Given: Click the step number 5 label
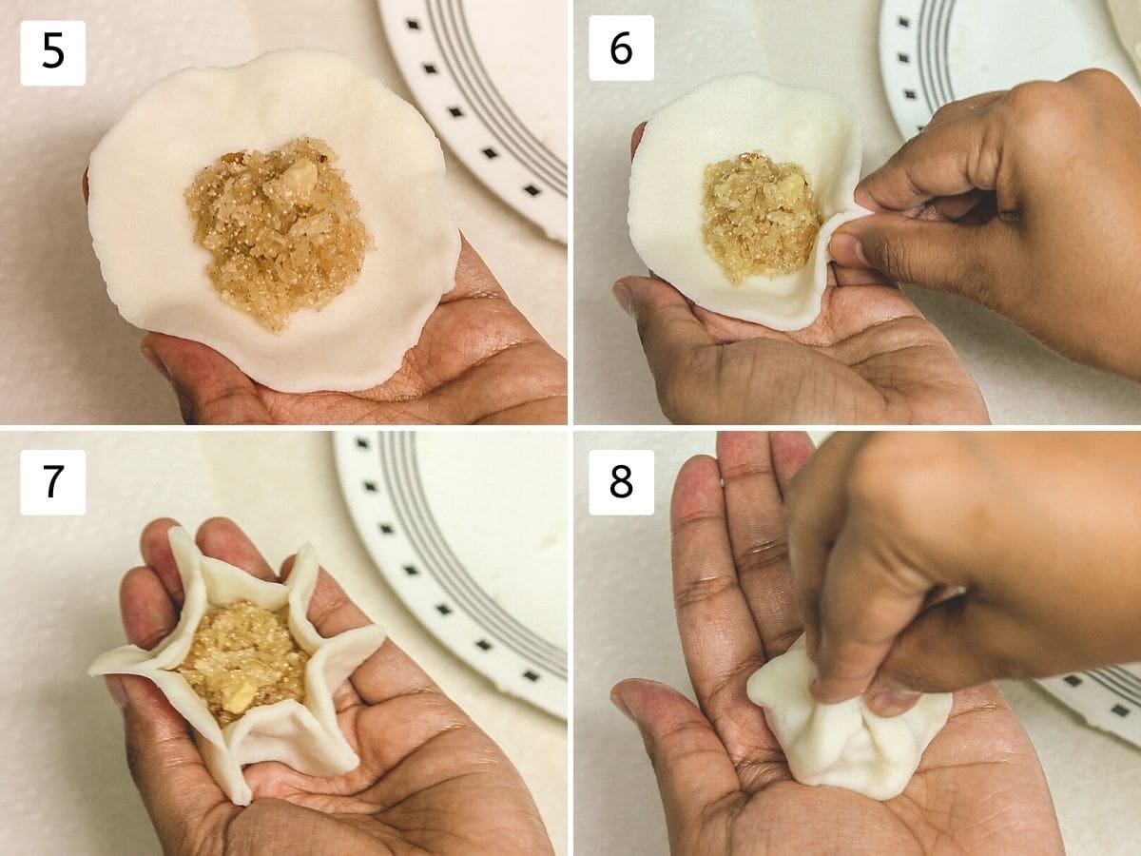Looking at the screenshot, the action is tap(53, 53).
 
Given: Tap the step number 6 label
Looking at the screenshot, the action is tap(621, 48).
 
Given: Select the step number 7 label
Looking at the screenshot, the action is tap(53, 482).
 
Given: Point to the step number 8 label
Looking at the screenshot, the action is tap(621, 482).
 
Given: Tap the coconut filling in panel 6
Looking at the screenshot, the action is tap(756, 216).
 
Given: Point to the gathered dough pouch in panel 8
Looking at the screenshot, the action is tap(847, 732).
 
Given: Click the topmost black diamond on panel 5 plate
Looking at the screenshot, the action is tap(413, 24).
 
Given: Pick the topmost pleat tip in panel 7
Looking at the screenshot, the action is tap(180, 533).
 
